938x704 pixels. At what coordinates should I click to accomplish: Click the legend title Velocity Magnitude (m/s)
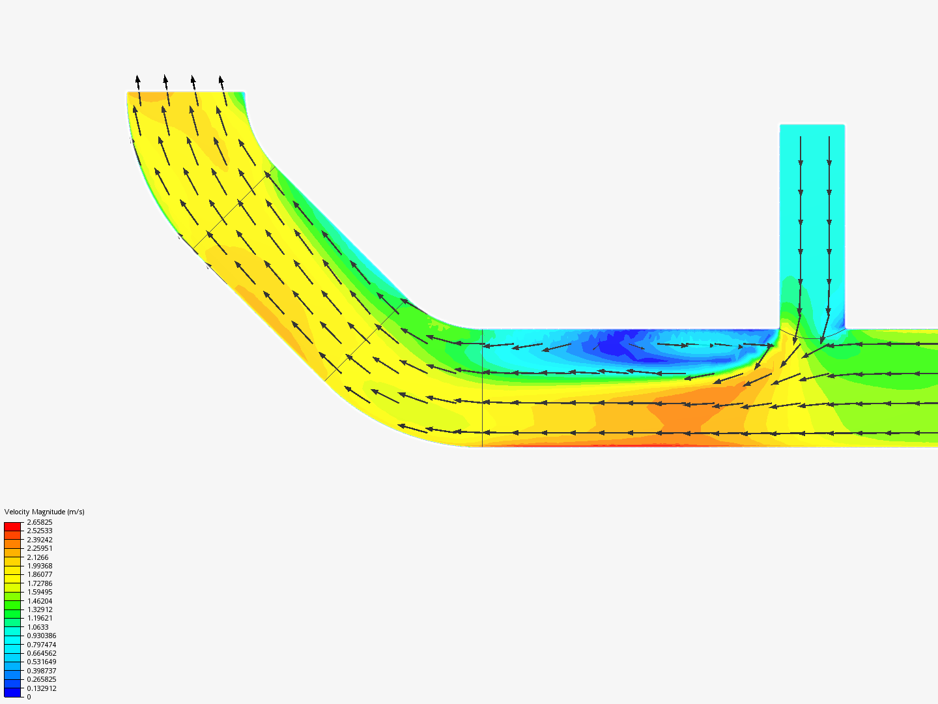coord(44,512)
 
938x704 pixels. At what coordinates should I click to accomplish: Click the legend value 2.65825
coord(40,522)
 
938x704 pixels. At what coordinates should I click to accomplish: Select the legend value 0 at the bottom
coord(29,697)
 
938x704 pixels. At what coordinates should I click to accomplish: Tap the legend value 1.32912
coord(40,609)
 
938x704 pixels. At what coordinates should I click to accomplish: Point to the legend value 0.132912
coord(42,688)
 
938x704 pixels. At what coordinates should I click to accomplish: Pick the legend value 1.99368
coord(40,566)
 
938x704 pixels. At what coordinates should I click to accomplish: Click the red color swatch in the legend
coord(12,526)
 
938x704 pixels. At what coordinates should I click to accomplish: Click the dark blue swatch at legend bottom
coord(12,692)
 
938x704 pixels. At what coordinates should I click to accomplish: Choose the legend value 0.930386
coord(42,636)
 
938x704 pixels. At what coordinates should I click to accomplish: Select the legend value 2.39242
coord(40,540)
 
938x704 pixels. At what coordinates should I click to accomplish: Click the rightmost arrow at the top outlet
coord(222,83)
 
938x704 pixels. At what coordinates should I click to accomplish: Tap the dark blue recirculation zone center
coord(612,344)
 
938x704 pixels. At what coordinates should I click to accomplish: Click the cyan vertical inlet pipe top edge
coord(812,125)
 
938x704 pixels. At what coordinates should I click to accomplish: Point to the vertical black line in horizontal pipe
coord(482,388)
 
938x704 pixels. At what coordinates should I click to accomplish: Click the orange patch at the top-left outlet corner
coord(151,96)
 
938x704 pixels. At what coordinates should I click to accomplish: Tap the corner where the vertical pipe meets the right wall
coord(845,329)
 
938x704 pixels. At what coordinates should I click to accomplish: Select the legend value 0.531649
coord(42,662)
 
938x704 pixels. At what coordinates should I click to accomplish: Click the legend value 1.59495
coord(40,592)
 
